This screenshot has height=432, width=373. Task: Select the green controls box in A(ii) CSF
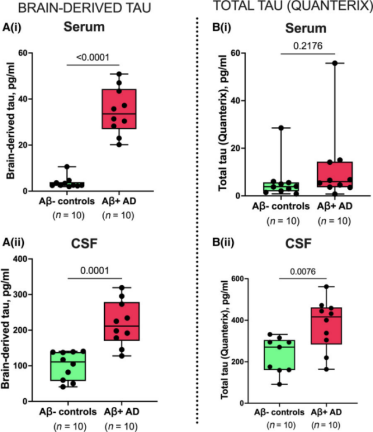[68, 366]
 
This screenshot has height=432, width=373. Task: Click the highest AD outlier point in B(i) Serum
[335, 63]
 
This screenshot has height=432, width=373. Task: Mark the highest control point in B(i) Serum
[282, 128]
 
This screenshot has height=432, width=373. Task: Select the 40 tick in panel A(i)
[30, 99]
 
